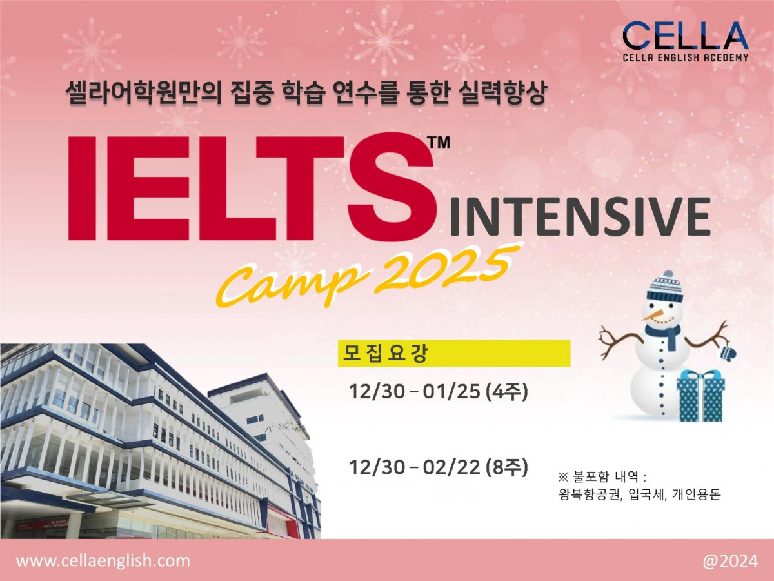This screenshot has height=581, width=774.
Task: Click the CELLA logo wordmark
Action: [685, 36]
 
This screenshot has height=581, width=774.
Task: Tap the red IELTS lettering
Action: [251, 188]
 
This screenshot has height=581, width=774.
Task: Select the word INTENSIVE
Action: [580, 216]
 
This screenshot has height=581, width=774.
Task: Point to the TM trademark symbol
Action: [439, 143]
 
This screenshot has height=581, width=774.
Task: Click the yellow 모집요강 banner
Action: [454, 354]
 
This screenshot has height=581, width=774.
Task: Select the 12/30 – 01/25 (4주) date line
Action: [439, 392]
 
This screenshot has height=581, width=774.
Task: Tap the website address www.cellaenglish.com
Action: [103, 561]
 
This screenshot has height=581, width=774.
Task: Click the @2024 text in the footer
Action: [730, 561]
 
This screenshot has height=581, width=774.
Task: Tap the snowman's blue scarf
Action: [665, 336]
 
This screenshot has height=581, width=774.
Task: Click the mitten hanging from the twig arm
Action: [727, 352]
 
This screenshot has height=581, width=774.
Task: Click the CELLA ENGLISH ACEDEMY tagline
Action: [685, 57]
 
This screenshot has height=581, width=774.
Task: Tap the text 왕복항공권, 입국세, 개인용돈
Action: [640, 494]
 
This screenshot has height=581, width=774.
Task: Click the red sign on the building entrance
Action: [43, 524]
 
